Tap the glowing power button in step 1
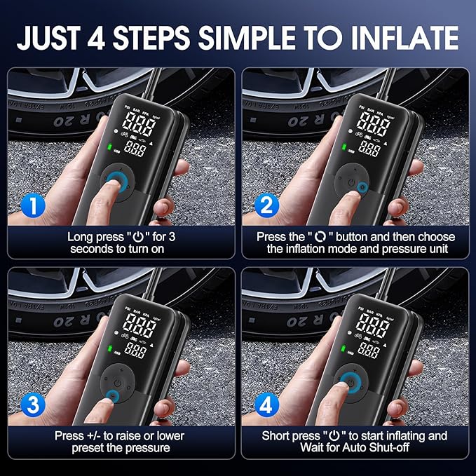click(x=116, y=184)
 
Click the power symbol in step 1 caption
click(x=130, y=237)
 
